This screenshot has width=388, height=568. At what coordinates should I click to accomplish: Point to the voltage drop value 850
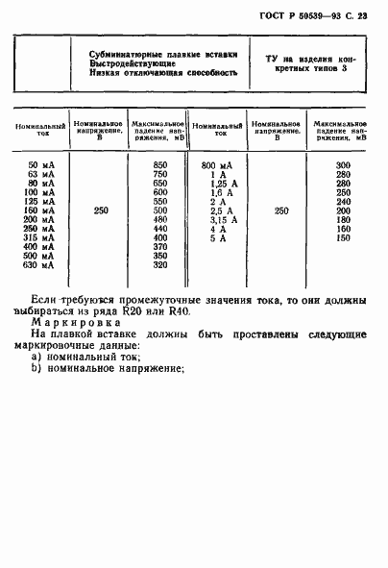point(160,165)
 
